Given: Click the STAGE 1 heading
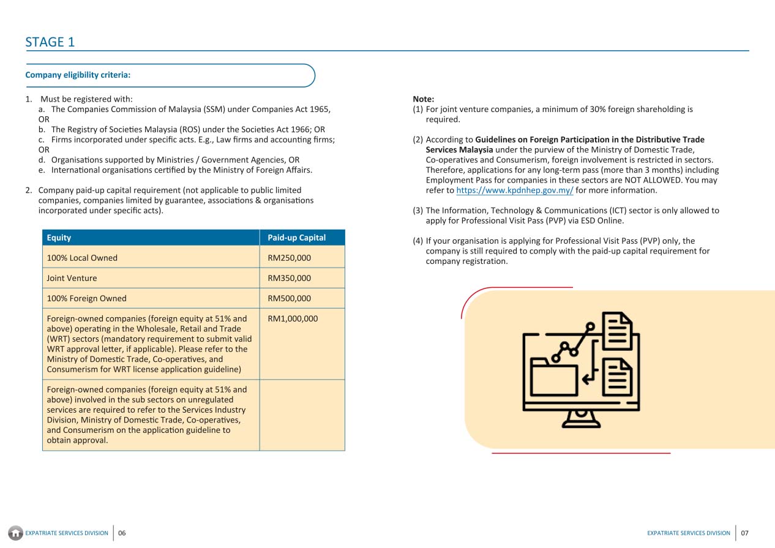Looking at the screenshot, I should click(x=50, y=42).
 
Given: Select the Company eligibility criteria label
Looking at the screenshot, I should click(x=78, y=75).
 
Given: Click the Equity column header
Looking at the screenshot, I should click(x=59, y=238).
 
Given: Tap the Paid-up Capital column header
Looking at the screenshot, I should click(x=296, y=238).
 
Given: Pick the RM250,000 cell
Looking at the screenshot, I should click(x=289, y=258).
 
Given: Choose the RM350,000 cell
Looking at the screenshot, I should click(x=289, y=278).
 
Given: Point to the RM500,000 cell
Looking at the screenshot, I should click(x=289, y=298).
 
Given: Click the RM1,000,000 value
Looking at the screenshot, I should click(x=293, y=318).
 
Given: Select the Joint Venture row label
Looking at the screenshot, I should click(x=72, y=278).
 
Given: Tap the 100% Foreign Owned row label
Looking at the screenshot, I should click(x=86, y=298).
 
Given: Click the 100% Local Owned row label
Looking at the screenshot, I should click(x=82, y=258).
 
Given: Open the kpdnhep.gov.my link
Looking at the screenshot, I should click(x=515, y=190).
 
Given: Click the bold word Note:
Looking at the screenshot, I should click(x=424, y=99).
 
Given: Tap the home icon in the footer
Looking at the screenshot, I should click(x=17, y=533).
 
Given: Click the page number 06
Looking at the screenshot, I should click(x=122, y=533).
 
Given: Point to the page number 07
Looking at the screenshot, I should click(x=744, y=533).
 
